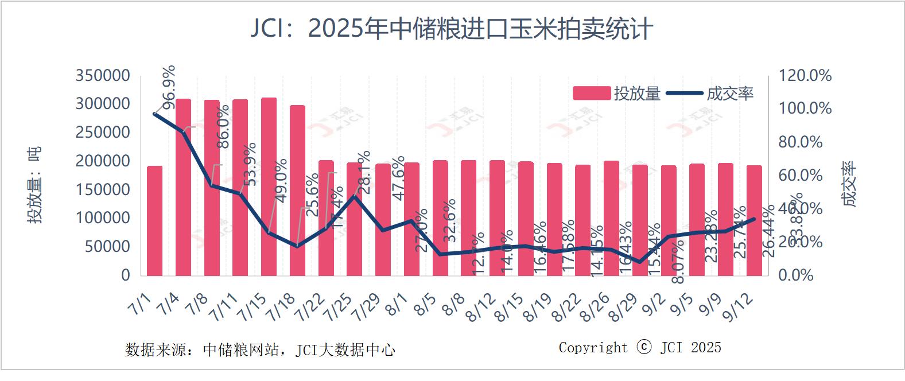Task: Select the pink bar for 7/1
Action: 155,221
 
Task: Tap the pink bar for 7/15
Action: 269,186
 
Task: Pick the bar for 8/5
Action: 440,218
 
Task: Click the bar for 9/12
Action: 754,221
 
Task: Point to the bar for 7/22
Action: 326,218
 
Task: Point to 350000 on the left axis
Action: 103,76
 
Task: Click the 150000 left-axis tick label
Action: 103,190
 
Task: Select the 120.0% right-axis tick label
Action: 805,76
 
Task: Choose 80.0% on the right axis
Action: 801,142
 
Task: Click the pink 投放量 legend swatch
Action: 591,94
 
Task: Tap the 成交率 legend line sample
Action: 685,94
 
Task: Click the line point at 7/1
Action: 155,114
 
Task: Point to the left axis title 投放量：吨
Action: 34,185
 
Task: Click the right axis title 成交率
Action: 848,184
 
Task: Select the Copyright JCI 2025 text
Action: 640,348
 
